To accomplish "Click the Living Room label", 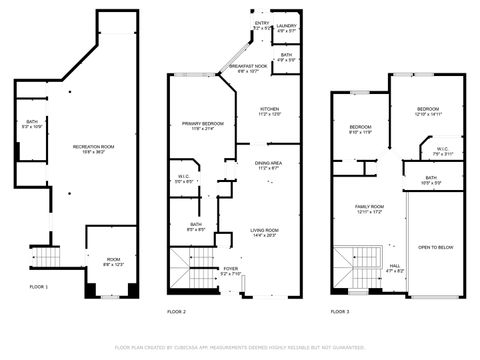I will coord(265,232).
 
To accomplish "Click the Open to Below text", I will coord(436,247).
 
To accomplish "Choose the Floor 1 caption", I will coord(38,287).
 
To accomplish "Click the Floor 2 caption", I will coord(177,312).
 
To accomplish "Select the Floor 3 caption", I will coord(341,312).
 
